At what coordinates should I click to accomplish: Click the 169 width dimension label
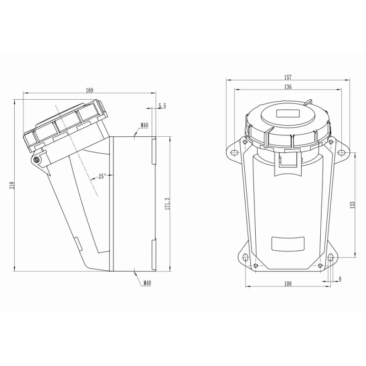tap(90, 90)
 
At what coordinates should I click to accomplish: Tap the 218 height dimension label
tap(12, 185)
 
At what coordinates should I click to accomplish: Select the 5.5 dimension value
tap(162, 106)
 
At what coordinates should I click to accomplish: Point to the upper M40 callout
tap(145, 125)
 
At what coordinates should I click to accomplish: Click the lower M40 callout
tap(147, 283)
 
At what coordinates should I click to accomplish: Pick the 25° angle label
tap(102, 176)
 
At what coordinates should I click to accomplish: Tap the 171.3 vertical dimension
tap(167, 204)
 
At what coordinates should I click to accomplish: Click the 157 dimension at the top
tap(288, 77)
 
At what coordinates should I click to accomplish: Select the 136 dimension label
tap(288, 87)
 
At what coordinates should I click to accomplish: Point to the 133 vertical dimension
tap(352, 205)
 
